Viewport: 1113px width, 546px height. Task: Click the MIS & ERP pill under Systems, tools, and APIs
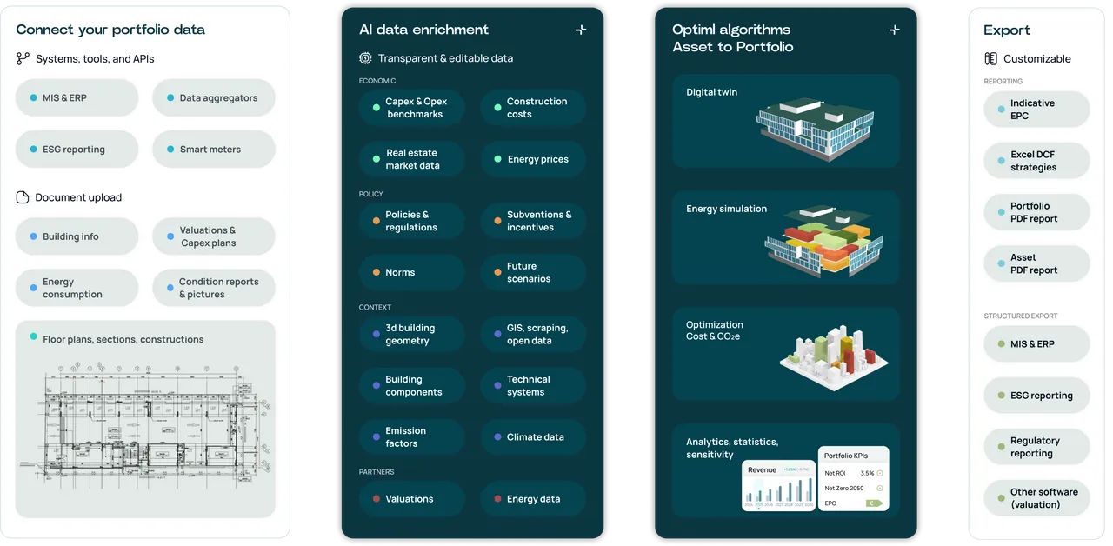[77, 97]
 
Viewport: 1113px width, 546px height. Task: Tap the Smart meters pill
[214, 149]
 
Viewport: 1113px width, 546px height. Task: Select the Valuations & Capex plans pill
[214, 236]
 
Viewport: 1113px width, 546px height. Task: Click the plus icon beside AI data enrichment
[581, 30]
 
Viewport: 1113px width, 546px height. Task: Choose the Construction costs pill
[533, 108]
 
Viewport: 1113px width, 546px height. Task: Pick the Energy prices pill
[533, 159]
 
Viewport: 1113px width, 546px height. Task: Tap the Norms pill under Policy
[411, 272]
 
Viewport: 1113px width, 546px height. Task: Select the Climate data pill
[533, 436]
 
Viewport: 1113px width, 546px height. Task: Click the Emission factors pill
[411, 436]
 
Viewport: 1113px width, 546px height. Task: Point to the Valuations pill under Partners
[411, 498]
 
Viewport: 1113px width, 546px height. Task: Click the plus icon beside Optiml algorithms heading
[894, 30]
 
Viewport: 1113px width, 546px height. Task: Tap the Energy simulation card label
[726, 209]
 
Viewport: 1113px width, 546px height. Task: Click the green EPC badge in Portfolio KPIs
[873, 503]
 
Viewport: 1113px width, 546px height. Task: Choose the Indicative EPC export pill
[1036, 110]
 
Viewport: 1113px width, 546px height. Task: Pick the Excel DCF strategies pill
[1036, 161]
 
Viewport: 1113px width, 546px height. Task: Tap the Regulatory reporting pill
[1036, 447]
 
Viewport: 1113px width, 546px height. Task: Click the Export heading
[1006, 30]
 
